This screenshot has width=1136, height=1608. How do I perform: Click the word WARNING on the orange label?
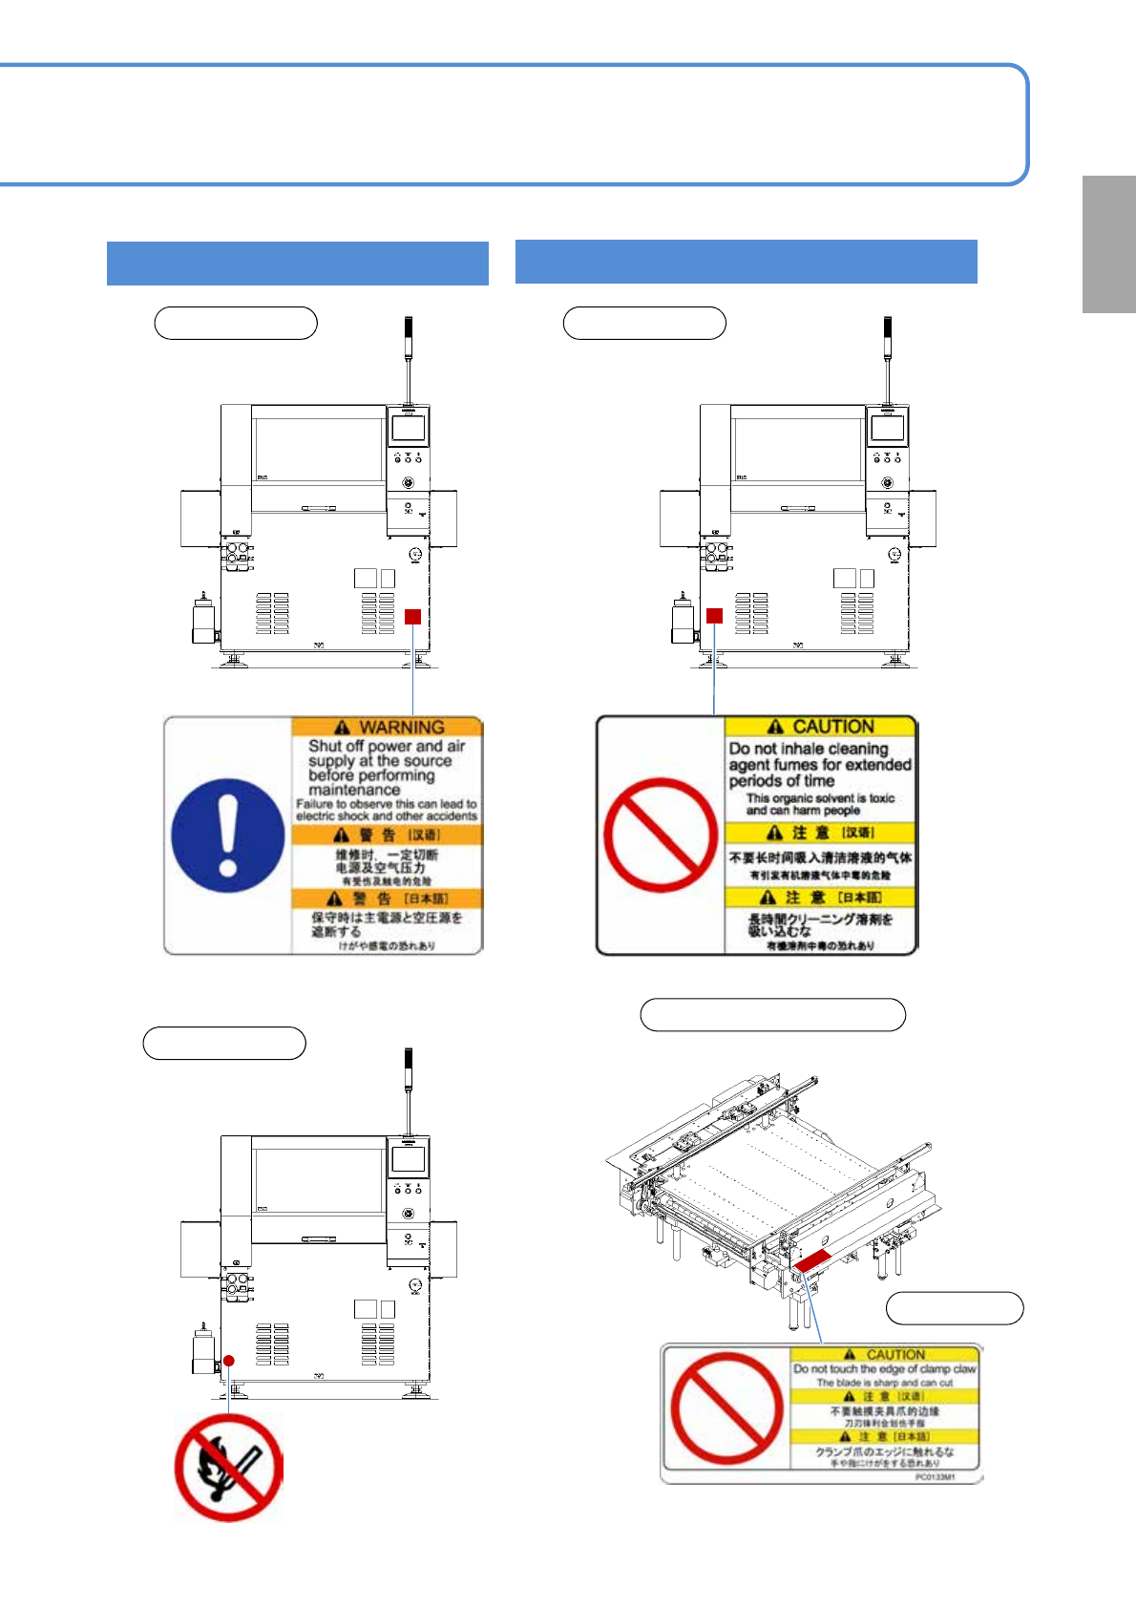pyautogui.click(x=401, y=727)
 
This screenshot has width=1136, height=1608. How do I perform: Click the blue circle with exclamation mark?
pyautogui.click(x=228, y=836)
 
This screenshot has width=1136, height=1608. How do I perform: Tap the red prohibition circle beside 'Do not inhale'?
pyautogui.click(x=661, y=836)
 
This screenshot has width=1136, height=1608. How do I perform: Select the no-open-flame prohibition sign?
pyautogui.click(x=229, y=1467)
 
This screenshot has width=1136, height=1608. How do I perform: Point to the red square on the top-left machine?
pyautogui.click(x=412, y=617)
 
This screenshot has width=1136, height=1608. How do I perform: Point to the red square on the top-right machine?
pyautogui.click(x=714, y=616)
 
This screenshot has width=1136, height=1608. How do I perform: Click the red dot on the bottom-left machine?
pyautogui.click(x=228, y=1361)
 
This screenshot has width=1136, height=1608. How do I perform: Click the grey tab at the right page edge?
pyautogui.click(x=1108, y=244)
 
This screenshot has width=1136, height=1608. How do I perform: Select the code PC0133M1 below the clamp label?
pyautogui.click(x=935, y=1477)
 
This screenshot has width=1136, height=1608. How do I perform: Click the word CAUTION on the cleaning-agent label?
pyautogui.click(x=832, y=727)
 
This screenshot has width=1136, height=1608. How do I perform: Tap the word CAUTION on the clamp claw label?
pyautogui.click(x=895, y=1354)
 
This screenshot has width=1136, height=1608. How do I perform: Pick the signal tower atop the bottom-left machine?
pyautogui.click(x=408, y=1089)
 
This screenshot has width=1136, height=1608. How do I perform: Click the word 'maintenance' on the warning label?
pyautogui.click(x=354, y=790)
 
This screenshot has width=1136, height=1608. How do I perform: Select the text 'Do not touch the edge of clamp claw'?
pyautogui.click(x=884, y=1368)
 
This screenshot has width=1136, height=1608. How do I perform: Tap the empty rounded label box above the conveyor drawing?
pyautogui.click(x=772, y=1015)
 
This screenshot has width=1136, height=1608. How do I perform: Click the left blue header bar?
pyautogui.click(x=298, y=264)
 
